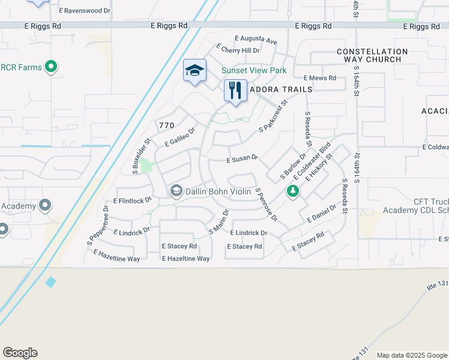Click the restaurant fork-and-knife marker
click(x=235, y=91)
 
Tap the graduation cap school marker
click(x=194, y=71)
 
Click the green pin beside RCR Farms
click(x=51, y=67)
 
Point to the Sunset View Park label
click(x=254, y=70)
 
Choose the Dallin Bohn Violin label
click(x=217, y=191)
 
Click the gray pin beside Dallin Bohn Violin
click(x=176, y=191)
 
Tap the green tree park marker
click(x=293, y=191)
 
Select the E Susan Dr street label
click(x=242, y=160)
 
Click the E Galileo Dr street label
click(x=180, y=137)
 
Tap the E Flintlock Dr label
click(x=132, y=200)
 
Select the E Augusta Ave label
click(x=256, y=40)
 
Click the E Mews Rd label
click(x=320, y=78)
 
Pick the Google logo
click(x=20, y=353)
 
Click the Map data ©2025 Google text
click(x=411, y=355)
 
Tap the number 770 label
click(x=166, y=125)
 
